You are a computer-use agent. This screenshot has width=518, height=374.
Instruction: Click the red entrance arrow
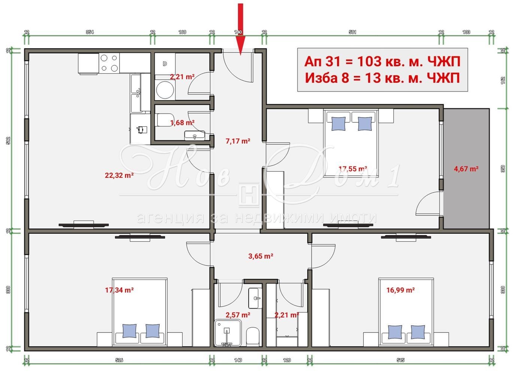(240, 28)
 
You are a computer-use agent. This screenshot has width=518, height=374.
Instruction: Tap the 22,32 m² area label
(119, 175)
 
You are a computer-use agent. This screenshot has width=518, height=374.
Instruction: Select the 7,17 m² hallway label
(238, 141)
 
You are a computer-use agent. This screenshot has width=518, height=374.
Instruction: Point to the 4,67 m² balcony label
(466, 169)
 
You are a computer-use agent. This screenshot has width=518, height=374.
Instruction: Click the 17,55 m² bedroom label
(352, 169)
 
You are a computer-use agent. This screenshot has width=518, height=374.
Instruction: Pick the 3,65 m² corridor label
(261, 256)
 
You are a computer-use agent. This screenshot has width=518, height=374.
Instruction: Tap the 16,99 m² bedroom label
(400, 290)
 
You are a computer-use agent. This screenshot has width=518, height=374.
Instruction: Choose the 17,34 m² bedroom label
(119, 290)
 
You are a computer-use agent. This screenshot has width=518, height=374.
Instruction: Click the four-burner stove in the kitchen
(109, 63)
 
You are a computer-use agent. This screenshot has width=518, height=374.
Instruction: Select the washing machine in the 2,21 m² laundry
(165, 89)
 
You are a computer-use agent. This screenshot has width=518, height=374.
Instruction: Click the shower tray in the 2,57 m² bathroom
(226, 332)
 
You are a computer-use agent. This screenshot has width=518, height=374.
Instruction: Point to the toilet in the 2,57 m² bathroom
(253, 335)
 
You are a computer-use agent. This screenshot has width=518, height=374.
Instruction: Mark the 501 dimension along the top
(352, 32)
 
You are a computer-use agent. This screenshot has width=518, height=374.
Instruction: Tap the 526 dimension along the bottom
(119, 360)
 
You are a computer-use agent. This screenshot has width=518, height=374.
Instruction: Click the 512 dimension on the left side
(8, 141)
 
